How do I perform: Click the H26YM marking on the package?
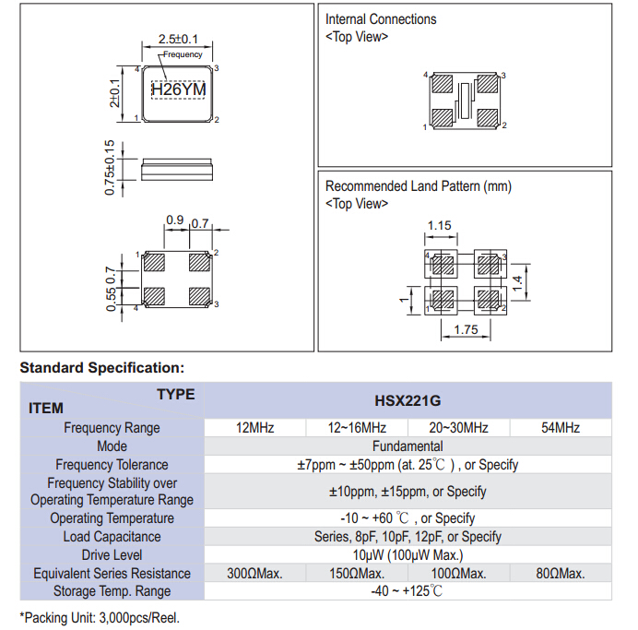(178, 90)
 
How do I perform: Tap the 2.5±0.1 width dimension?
(178, 40)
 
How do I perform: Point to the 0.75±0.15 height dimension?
(110, 168)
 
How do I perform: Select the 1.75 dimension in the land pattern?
(466, 329)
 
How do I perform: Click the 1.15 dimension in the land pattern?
(440, 226)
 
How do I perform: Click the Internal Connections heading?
(381, 19)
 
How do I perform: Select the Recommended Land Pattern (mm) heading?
(418, 186)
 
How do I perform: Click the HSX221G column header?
(407, 401)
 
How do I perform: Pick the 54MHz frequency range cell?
(561, 428)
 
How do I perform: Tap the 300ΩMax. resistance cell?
(254, 574)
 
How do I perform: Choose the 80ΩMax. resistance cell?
(561, 574)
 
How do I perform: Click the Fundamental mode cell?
(407, 446)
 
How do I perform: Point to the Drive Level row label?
(112, 555)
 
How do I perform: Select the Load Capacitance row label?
(112, 537)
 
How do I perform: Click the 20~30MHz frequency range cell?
(458, 428)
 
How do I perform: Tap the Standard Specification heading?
(101, 367)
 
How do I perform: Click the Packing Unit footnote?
(100, 617)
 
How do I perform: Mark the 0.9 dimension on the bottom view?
(174, 220)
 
